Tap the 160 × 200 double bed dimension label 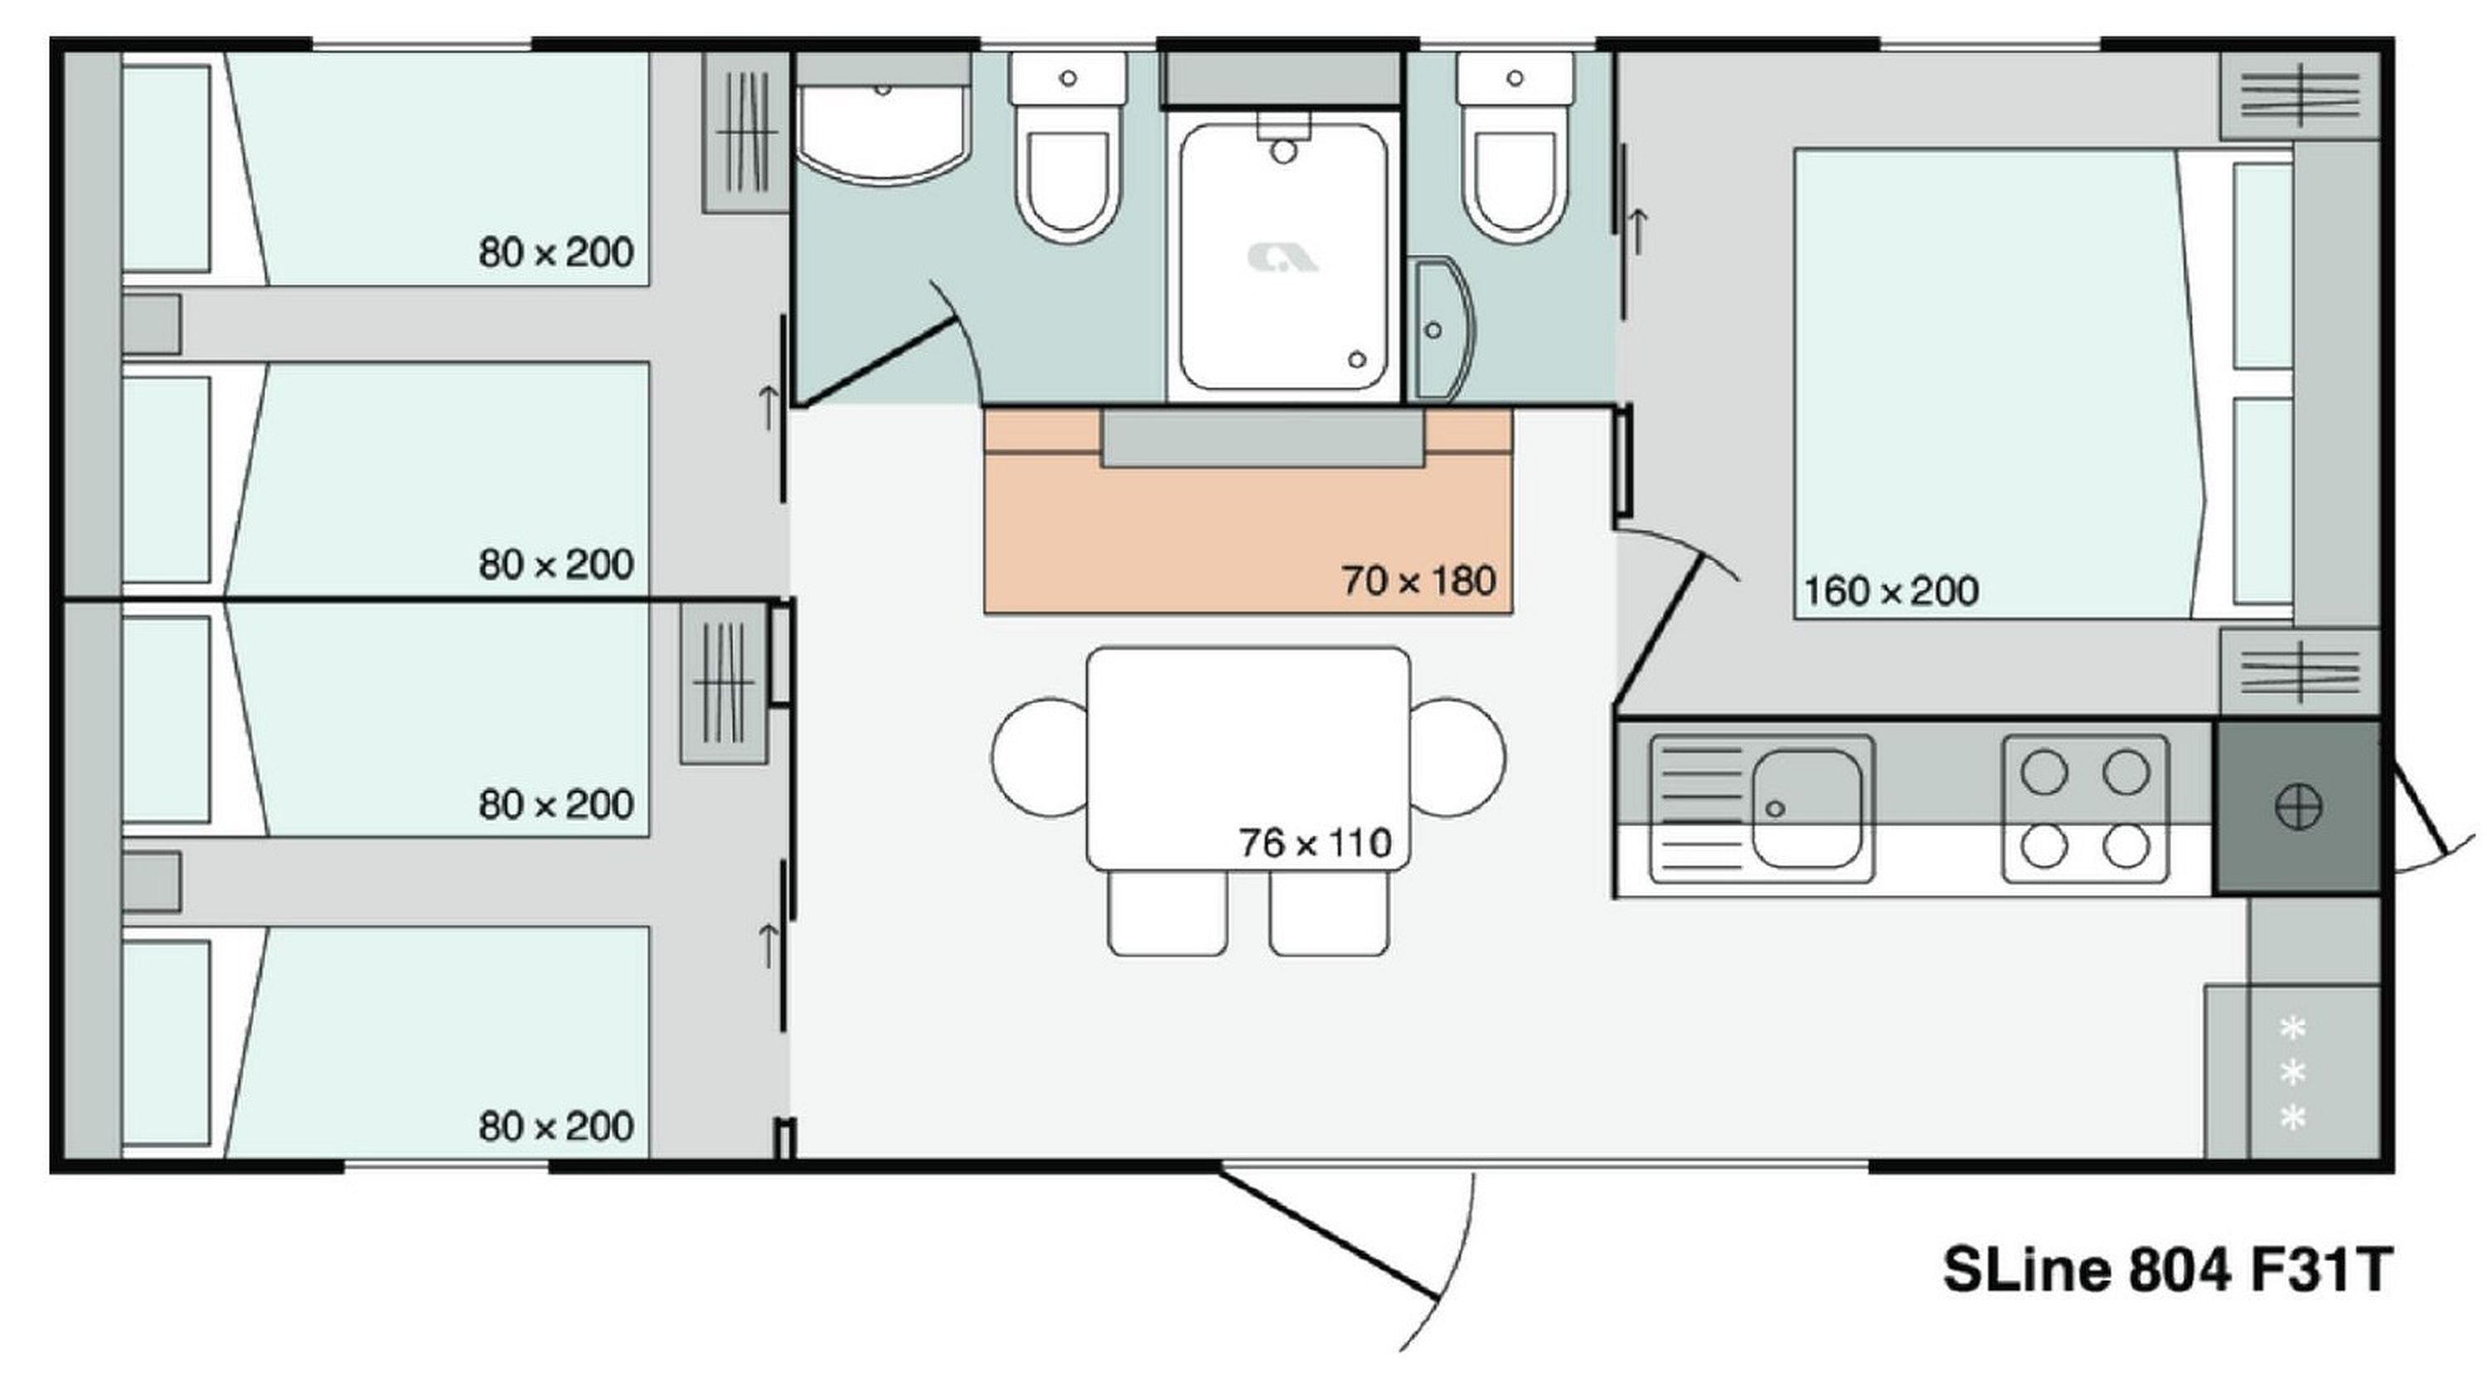click(x=1890, y=591)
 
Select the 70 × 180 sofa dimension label click(x=1418, y=580)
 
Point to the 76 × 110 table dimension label click(x=1315, y=843)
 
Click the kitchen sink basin click(x=1806, y=808)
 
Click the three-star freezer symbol click(x=2293, y=1074)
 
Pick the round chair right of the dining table click(x=1457, y=758)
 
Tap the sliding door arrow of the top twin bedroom click(x=768, y=407)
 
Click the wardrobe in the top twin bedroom click(x=746, y=133)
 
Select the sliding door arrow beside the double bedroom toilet click(x=1637, y=230)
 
